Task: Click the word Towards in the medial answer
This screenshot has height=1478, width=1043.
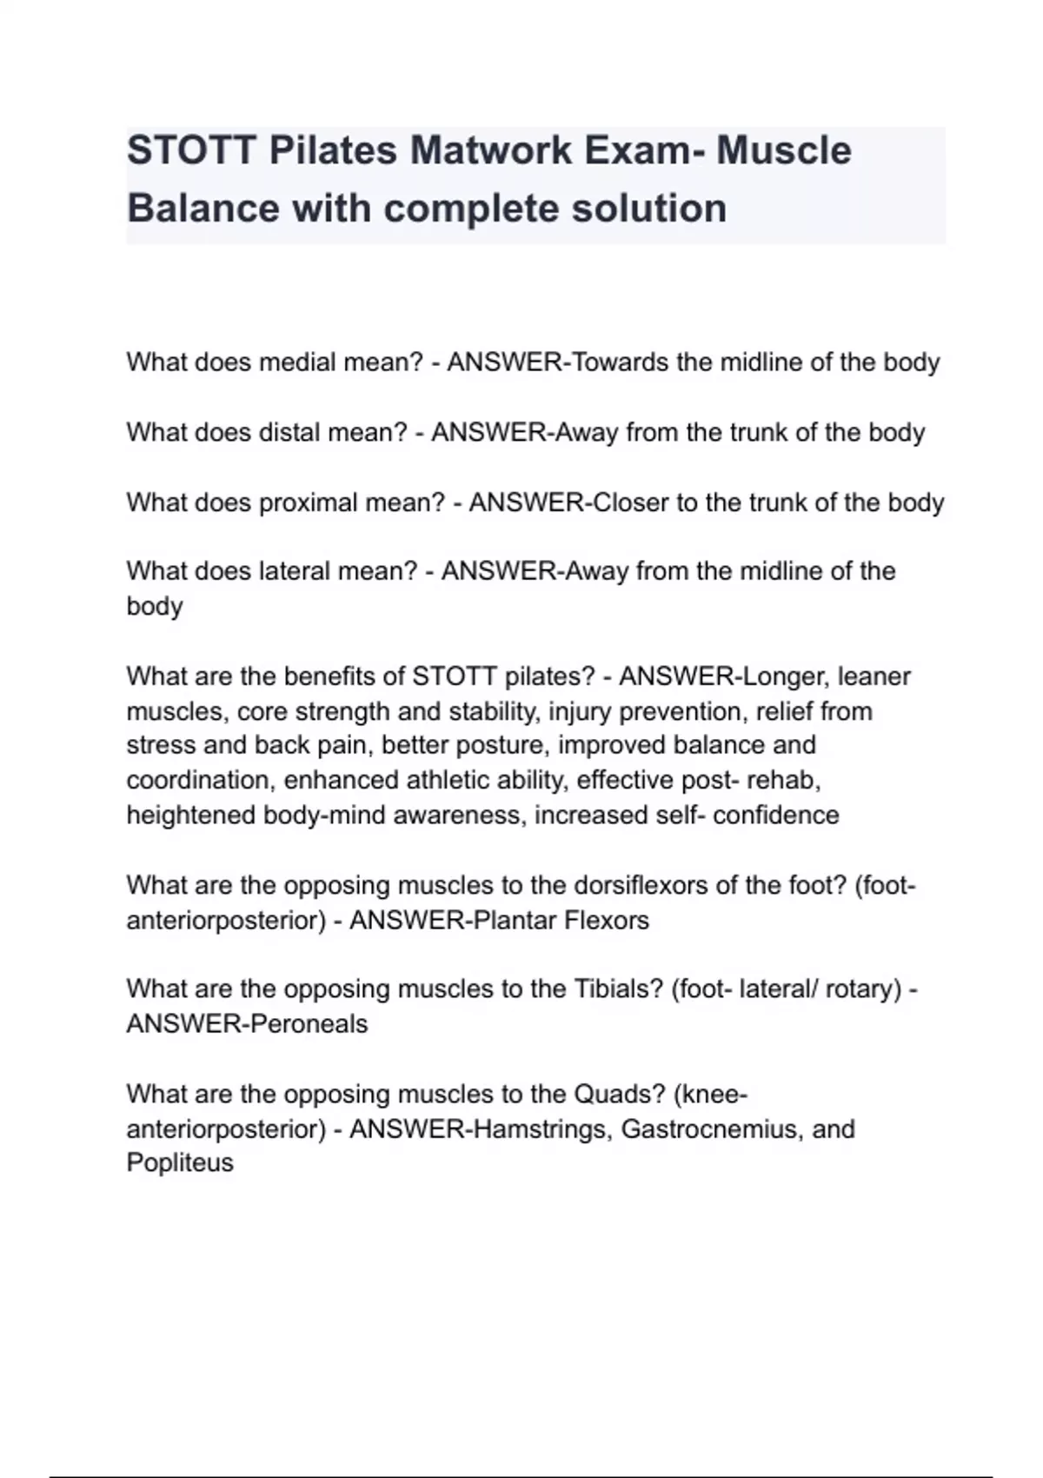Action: click(621, 362)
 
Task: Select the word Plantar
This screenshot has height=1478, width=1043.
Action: click(515, 920)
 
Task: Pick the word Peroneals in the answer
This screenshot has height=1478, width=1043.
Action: click(308, 1024)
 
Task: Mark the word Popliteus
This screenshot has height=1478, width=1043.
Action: click(180, 1163)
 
